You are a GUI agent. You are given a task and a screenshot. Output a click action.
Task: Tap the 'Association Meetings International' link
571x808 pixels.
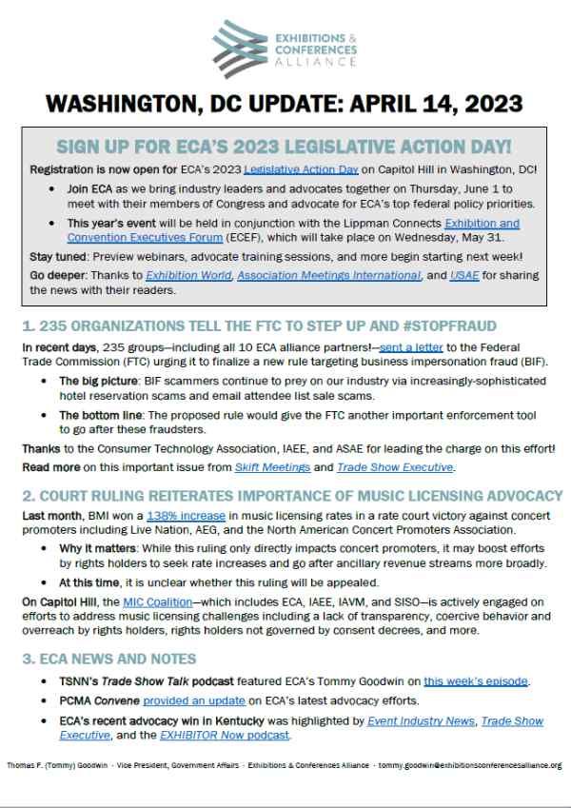point(329,275)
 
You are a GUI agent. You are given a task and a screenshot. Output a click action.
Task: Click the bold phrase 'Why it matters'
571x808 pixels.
point(97,549)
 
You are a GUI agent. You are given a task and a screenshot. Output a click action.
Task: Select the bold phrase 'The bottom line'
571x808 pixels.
point(101,416)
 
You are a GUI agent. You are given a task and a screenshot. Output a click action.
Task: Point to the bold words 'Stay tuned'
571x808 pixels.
point(47,256)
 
